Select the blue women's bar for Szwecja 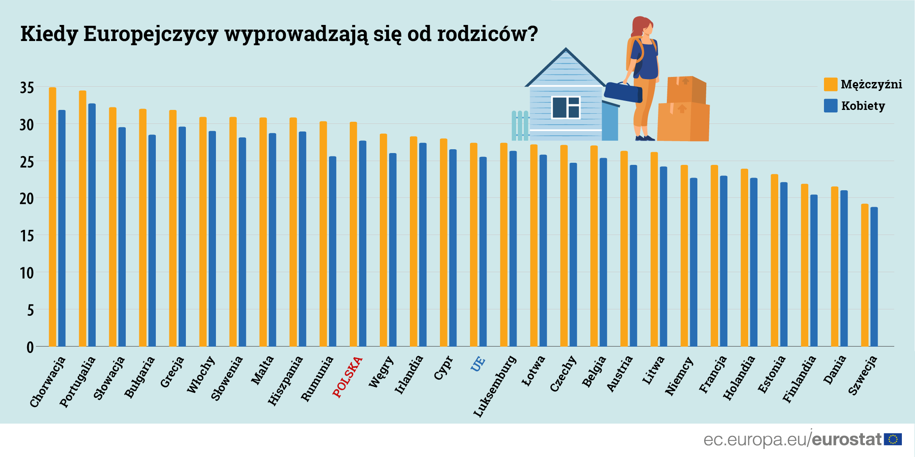coord(874,276)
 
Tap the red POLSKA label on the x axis coord(348,377)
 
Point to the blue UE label coord(478,364)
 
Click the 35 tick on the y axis coord(27,88)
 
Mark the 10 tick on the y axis coord(27,273)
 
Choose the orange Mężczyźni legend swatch coord(830,84)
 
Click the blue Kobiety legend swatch coord(830,106)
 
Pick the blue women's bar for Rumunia coord(332,251)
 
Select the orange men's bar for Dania coord(835,266)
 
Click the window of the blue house coord(565,107)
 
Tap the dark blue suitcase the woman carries coord(623,92)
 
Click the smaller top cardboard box coord(686,89)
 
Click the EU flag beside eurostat coord(893,440)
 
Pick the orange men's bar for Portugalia coord(83,218)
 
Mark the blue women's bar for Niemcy coord(694,262)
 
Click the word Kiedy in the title coord(49,34)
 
